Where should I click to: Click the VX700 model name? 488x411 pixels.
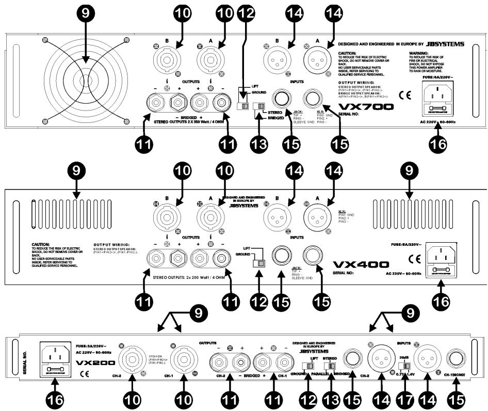(x=359, y=107)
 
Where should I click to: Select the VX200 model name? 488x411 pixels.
(x=93, y=363)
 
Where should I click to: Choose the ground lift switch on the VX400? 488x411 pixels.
(x=256, y=263)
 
